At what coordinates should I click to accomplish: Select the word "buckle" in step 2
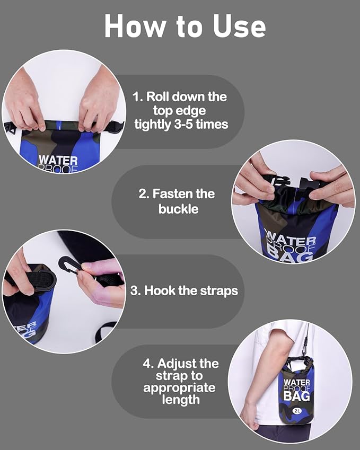click(x=179, y=209)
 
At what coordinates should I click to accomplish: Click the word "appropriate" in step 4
click(x=179, y=387)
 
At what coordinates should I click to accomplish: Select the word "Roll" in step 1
click(x=158, y=97)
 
